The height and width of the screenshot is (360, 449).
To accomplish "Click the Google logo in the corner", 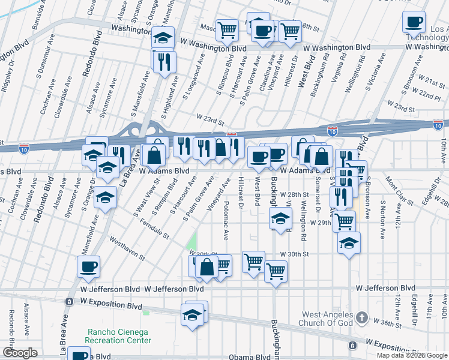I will coord(20,353).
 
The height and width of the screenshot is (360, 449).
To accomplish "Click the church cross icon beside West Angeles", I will coord(362,316).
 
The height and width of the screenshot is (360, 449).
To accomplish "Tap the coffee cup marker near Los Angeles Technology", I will coord(414,23).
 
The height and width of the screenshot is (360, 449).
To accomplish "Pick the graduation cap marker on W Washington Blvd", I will coord(163,38).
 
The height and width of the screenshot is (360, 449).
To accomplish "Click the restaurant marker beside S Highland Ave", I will coord(163,61).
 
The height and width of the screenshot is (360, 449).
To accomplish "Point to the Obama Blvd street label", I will coord(249,357).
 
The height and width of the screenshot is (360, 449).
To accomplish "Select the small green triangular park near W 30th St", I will coord(192,242).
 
